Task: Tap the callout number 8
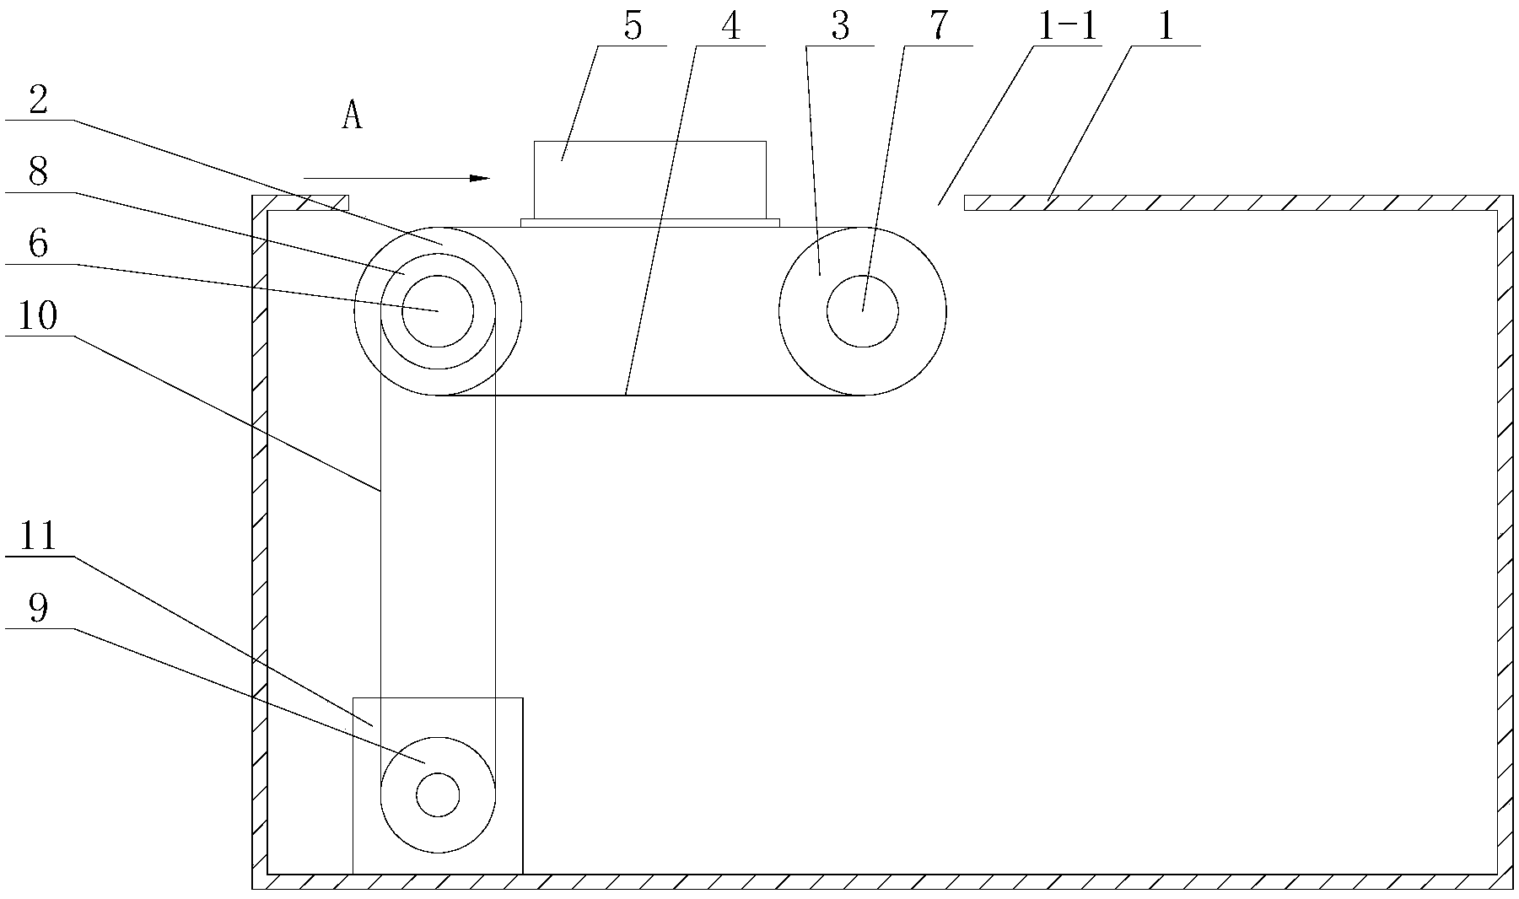[x=39, y=173]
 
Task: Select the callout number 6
[x=39, y=245]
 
